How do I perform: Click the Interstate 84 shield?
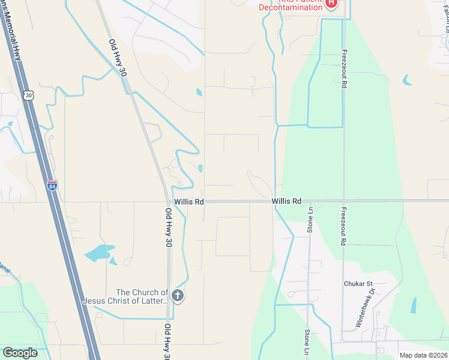tap(52, 186)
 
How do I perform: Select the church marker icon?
tap(177, 295)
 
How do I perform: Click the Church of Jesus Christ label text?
tap(125, 296)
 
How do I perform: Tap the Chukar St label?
tap(358, 284)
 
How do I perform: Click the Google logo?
tap(20, 353)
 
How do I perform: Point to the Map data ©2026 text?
tap(423, 355)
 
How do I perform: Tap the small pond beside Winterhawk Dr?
tap(414, 305)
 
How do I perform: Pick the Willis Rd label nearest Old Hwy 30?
tap(189, 202)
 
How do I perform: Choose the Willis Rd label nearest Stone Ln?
tap(286, 202)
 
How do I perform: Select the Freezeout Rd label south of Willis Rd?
tap(344, 227)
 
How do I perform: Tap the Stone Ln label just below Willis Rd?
tap(310, 220)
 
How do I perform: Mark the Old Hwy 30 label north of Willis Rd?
tap(118, 58)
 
